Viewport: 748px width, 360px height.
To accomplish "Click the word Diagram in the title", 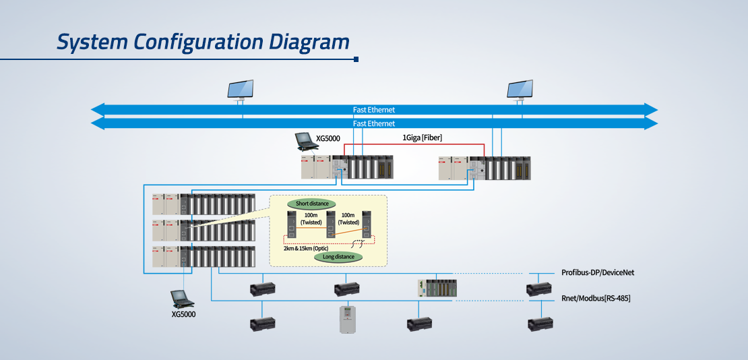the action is click(308, 42).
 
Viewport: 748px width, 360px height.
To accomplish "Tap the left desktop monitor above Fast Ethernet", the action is click(241, 90).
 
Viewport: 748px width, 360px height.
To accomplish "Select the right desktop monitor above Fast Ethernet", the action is click(520, 90).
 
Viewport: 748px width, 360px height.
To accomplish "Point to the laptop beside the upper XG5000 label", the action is click(304, 142).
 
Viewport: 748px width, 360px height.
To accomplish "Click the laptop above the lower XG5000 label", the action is click(183, 299).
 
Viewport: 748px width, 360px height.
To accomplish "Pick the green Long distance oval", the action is click(339, 257).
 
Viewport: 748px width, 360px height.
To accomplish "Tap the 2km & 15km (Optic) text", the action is click(306, 249).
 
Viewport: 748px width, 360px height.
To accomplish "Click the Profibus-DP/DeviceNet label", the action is click(598, 272).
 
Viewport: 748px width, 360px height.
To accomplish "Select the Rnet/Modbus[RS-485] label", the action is click(596, 299).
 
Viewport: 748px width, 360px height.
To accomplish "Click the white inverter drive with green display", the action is click(348, 320).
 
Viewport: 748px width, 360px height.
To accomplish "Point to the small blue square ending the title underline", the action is click(356, 59).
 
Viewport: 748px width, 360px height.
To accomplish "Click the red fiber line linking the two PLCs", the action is click(414, 143).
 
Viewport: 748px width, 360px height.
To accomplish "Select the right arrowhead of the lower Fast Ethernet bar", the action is click(651, 123).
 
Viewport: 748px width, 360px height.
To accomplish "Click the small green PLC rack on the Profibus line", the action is click(437, 289).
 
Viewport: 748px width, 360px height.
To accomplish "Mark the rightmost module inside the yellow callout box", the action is click(367, 224).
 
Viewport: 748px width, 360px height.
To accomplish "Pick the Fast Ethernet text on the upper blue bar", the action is click(374, 110).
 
